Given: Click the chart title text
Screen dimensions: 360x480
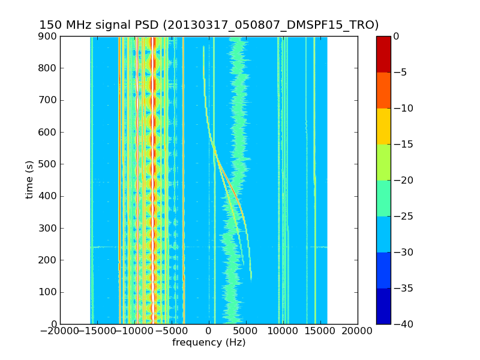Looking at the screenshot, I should point(209,25).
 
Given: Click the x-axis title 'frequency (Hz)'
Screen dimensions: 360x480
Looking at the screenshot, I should point(209,343).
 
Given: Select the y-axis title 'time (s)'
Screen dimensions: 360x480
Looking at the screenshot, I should point(29,179).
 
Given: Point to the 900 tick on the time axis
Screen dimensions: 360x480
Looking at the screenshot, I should point(49,36).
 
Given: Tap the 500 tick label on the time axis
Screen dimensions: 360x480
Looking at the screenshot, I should point(49,164).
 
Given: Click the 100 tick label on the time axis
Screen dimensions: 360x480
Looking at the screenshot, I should point(49,292).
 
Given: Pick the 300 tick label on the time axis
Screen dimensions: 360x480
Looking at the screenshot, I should point(49,228).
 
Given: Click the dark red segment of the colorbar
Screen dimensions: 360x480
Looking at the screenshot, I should point(383,54).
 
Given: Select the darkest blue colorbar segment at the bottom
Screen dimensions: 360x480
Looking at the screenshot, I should point(383,306).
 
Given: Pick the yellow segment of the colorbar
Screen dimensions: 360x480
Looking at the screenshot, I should point(383,126).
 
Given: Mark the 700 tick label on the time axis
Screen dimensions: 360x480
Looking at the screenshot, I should point(49,100).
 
